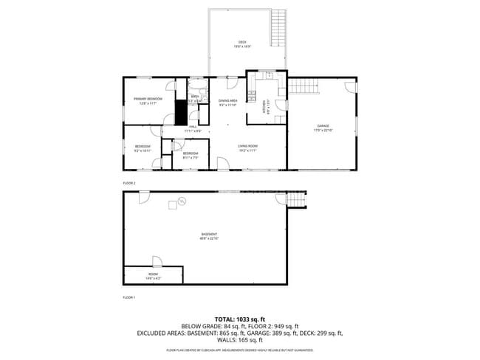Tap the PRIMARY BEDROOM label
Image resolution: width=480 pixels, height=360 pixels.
point(148,100)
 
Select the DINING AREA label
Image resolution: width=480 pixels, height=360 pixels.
point(227,102)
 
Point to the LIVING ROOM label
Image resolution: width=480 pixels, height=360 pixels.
point(247,148)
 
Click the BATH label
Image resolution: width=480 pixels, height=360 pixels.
point(195,97)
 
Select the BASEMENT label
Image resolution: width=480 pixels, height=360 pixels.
point(209,236)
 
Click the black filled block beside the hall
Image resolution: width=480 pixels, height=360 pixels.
point(179,113)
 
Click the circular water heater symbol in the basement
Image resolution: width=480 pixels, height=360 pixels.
point(181,201)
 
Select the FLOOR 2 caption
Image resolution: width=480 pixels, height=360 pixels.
point(129,182)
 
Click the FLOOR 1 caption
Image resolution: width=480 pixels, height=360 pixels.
point(129,297)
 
